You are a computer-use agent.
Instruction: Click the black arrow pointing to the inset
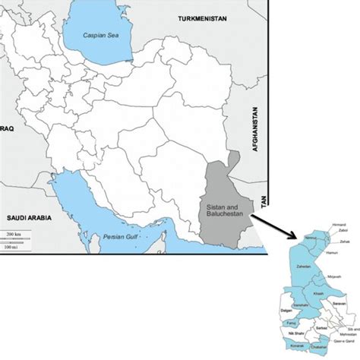tap(275, 225)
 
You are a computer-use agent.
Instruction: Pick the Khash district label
tap(318, 294)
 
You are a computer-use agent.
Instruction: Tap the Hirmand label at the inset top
tap(339, 226)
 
